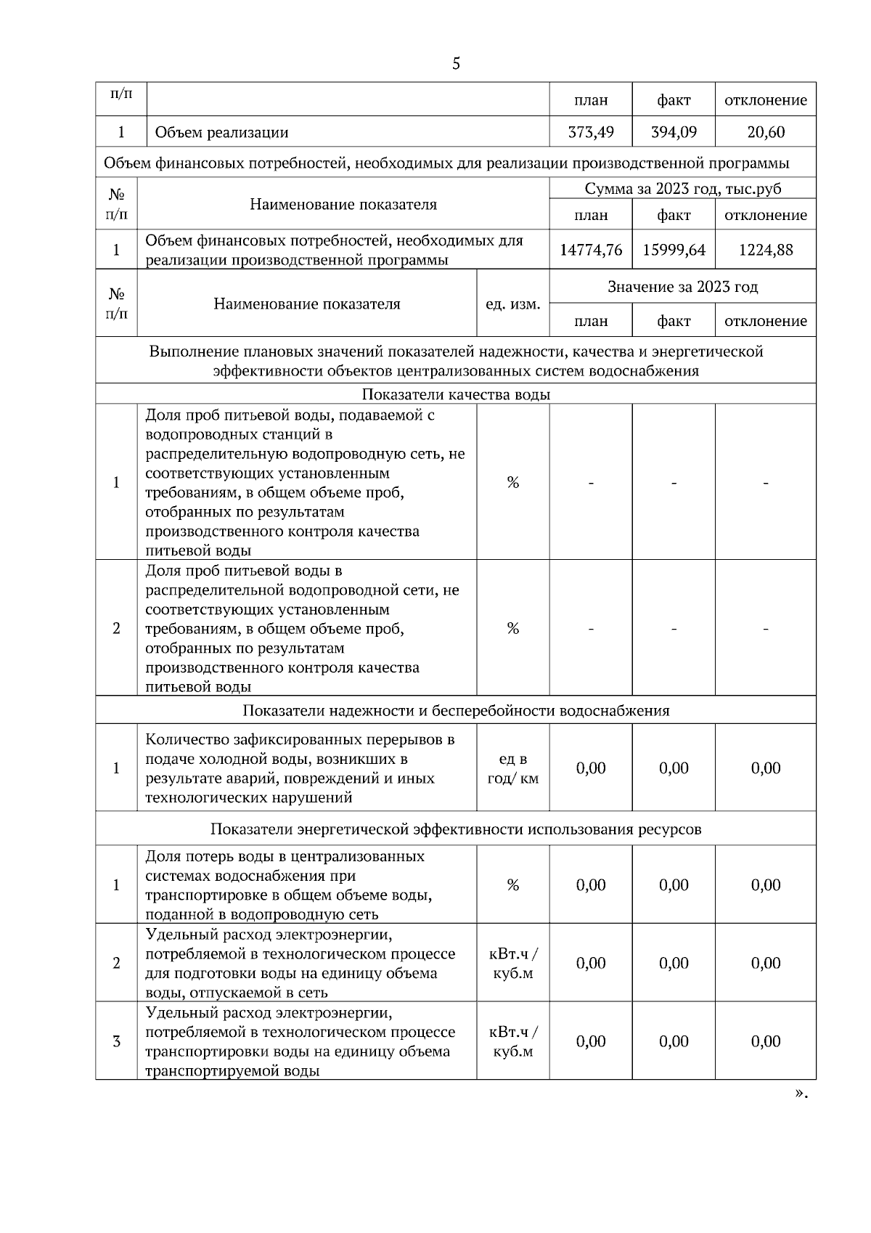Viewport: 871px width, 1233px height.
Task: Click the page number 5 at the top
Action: coord(456,64)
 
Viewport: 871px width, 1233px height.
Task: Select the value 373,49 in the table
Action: coord(591,132)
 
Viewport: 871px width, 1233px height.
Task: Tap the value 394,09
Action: coord(674,132)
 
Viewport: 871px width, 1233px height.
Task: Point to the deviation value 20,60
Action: coord(766,132)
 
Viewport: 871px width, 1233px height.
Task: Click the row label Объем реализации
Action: coord(221,132)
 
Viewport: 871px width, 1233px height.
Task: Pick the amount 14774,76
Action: coord(591,250)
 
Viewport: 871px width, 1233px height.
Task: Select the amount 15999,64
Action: coord(674,250)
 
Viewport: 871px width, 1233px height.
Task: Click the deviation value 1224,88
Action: coord(766,250)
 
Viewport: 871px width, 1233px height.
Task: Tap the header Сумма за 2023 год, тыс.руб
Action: coord(683,189)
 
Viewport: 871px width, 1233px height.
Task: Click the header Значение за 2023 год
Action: coord(683,287)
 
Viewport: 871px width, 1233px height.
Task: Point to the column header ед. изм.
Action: coord(512,304)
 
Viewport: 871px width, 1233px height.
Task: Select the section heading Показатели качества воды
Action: coord(456,394)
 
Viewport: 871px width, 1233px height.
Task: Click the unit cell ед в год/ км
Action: coord(512,768)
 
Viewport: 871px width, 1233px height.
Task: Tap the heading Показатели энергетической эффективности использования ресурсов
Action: coord(456,829)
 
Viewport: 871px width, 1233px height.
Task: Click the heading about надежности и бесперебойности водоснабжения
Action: coord(456,710)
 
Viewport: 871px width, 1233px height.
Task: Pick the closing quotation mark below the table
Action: coord(801,1094)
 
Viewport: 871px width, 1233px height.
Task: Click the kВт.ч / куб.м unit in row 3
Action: coord(512,1042)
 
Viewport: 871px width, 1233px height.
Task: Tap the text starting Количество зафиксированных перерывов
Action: coord(300,768)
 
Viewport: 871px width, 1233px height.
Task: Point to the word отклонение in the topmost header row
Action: coord(766,100)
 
